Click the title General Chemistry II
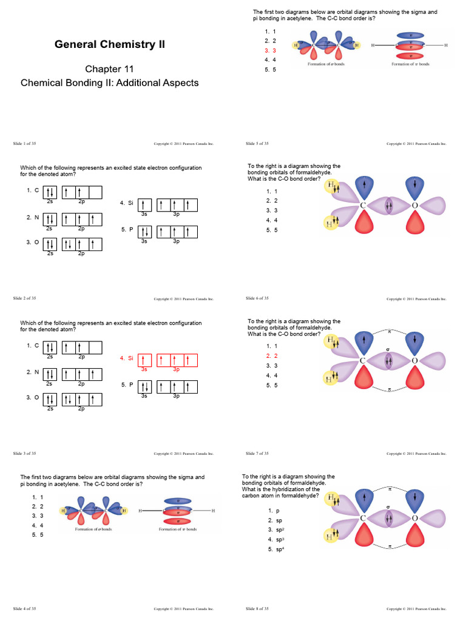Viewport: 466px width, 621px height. tap(110, 44)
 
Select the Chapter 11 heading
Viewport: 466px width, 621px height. tap(109, 69)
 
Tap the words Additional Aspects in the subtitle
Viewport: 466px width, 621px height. tap(162, 82)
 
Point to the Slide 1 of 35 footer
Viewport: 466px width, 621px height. tap(24, 144)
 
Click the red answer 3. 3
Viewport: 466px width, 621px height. tap(271, 50)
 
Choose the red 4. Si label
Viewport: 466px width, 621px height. tap(126, 358)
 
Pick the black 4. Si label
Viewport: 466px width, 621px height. tap(126, 203)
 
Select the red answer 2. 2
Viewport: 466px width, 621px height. tap(271, 356)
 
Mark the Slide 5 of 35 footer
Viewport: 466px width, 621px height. tap(257, 144)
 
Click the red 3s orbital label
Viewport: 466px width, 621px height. tap(144, 369)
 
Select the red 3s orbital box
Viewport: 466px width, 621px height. tap(144, 360)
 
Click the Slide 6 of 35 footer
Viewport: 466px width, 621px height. tap(257, 298)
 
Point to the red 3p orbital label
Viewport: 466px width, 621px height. tap(177, 369)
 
